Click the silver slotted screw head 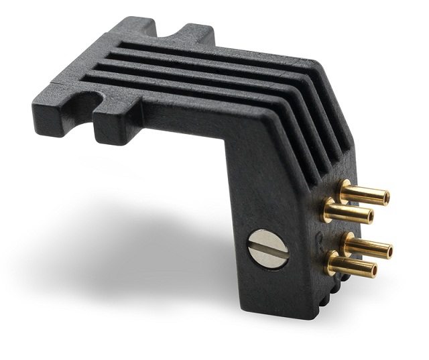267,249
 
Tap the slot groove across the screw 267,249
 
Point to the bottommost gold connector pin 352,266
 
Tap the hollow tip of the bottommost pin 372,270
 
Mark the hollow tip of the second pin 369,217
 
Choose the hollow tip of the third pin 387,251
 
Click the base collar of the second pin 328,208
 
